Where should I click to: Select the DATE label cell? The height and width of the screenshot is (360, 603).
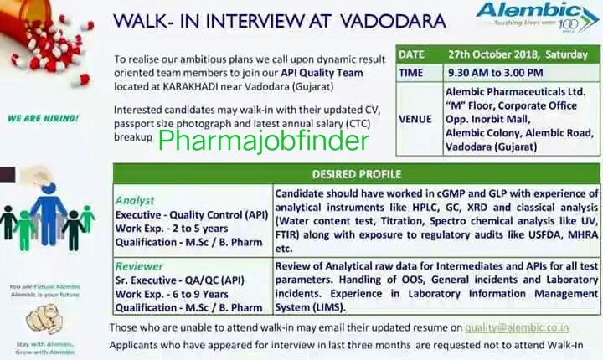click(x=411, y=54)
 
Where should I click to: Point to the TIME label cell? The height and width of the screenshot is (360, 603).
click(x=411, y=73)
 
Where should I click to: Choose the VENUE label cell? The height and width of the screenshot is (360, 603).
click(x=415, y=119)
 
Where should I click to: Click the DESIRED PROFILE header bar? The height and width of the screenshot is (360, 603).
click(x=356, y=175)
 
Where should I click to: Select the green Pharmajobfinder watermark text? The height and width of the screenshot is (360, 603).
click(x=263, y=140)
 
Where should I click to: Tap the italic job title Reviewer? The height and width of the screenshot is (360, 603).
click(x=140, y=267)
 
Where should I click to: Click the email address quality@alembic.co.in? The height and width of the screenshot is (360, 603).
click(x=521, y=327)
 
